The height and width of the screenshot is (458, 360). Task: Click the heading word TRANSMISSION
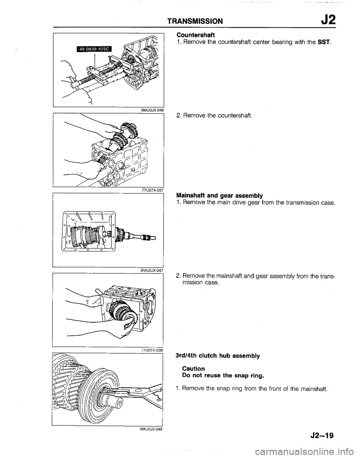pos(201,20)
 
